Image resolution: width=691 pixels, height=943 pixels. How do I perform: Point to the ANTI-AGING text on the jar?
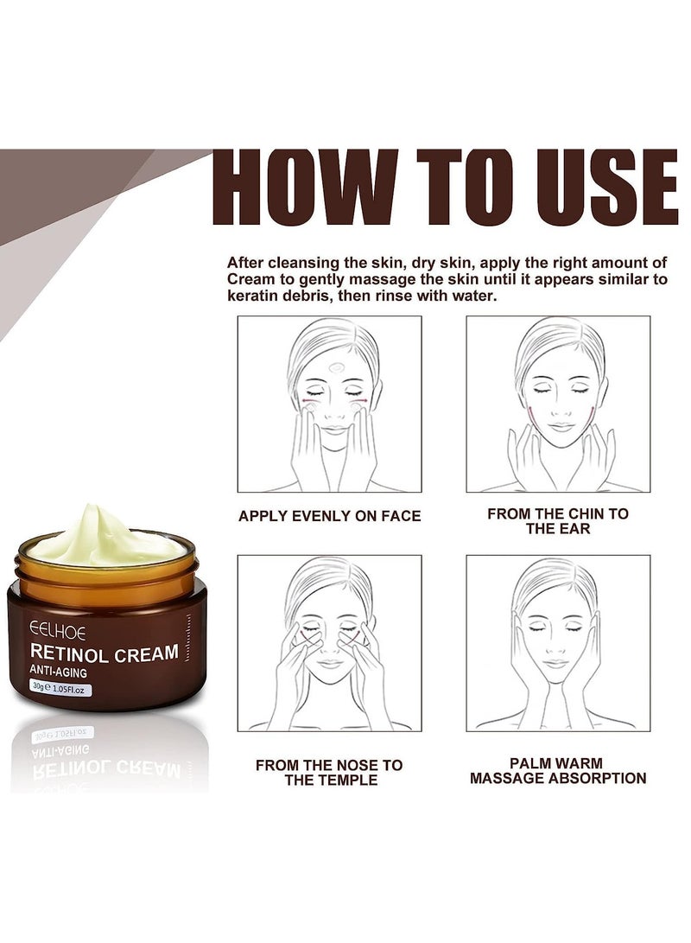(62, 670)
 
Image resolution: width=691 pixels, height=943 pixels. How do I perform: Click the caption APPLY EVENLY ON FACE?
(329, 516)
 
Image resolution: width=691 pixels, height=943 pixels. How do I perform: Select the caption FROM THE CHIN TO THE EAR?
(557, 520)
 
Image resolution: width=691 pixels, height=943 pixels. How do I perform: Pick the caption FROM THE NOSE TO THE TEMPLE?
(329, 772)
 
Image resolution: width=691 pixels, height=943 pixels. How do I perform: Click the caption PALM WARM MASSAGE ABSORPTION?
(557, 771)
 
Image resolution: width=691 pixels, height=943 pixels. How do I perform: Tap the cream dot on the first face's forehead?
(336, 366)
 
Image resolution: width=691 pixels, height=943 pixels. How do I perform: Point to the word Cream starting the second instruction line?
(251, 278)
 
